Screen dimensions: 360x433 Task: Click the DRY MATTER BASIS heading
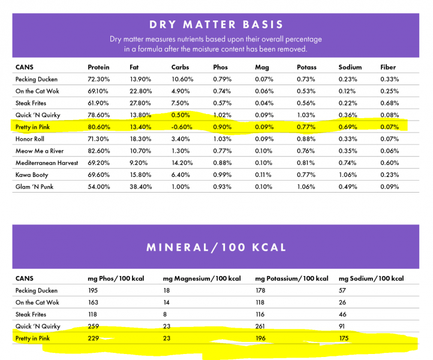(217, 25)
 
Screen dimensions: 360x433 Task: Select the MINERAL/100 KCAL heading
(217, 247)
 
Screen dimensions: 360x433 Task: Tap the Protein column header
(98, 67)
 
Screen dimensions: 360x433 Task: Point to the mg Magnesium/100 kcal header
(202, 278)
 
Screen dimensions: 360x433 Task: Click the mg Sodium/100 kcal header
(371, 278)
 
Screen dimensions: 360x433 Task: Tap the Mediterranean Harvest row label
(47, 163)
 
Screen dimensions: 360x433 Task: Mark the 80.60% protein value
(98, 127)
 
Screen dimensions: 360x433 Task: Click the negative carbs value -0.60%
(182, 127)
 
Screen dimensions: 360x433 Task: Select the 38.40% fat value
(141, 187)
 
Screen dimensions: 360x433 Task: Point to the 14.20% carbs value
(182, 163)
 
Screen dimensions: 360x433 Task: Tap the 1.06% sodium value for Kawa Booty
(348, 175)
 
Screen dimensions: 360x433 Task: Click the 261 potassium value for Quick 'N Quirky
(261, 326)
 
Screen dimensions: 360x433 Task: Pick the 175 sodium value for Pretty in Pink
(345, 338)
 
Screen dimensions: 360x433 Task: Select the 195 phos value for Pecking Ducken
(94, 290)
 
